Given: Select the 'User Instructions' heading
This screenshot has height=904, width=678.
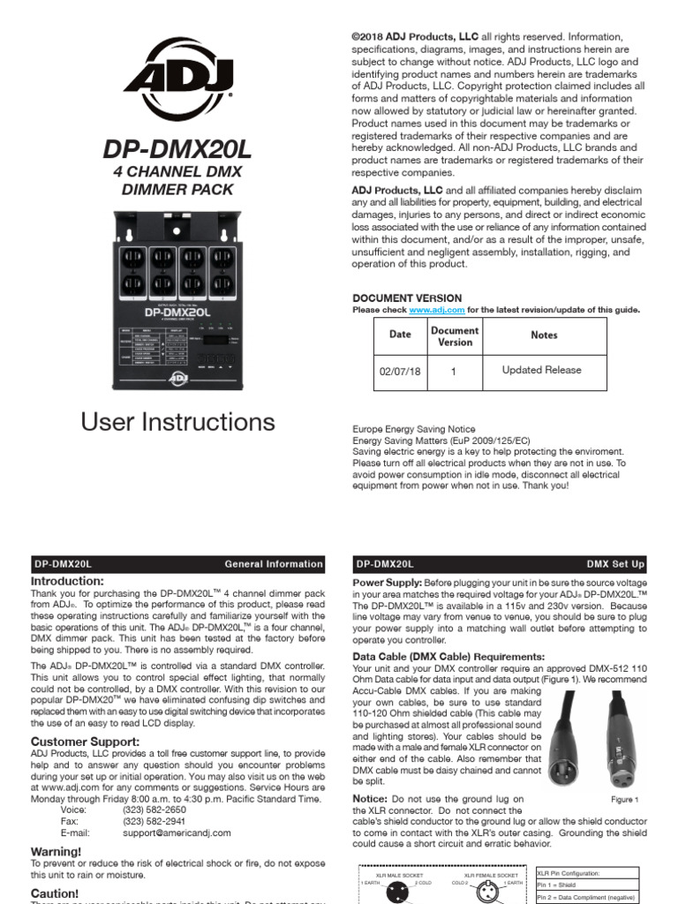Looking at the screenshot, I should (178, 422).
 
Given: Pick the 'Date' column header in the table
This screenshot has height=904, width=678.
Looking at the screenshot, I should (400, 335).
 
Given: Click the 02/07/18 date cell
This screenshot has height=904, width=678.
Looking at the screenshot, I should (400, 372).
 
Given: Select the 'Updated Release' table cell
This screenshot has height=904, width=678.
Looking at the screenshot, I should (541, 371).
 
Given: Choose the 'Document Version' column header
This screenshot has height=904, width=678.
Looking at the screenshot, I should (455, 335).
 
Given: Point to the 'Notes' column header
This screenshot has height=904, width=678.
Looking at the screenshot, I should (544, 335).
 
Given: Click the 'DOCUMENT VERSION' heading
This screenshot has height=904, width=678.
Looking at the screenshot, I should (407, 298).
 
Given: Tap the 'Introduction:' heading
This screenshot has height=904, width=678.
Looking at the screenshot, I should (67, 582).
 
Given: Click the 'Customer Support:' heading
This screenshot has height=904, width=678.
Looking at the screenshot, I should (85, 741).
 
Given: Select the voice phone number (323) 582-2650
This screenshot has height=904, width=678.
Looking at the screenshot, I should (154, 810).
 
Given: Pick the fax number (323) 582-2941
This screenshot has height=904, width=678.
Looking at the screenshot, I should (154, 821).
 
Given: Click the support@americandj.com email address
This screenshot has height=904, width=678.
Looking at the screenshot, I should (177, 832).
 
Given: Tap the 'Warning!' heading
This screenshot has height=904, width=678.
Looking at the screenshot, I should (56, 851).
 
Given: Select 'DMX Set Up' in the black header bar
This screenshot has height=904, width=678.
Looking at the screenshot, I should (615, 563).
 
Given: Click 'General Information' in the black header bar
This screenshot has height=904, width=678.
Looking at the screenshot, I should (274, 563).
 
